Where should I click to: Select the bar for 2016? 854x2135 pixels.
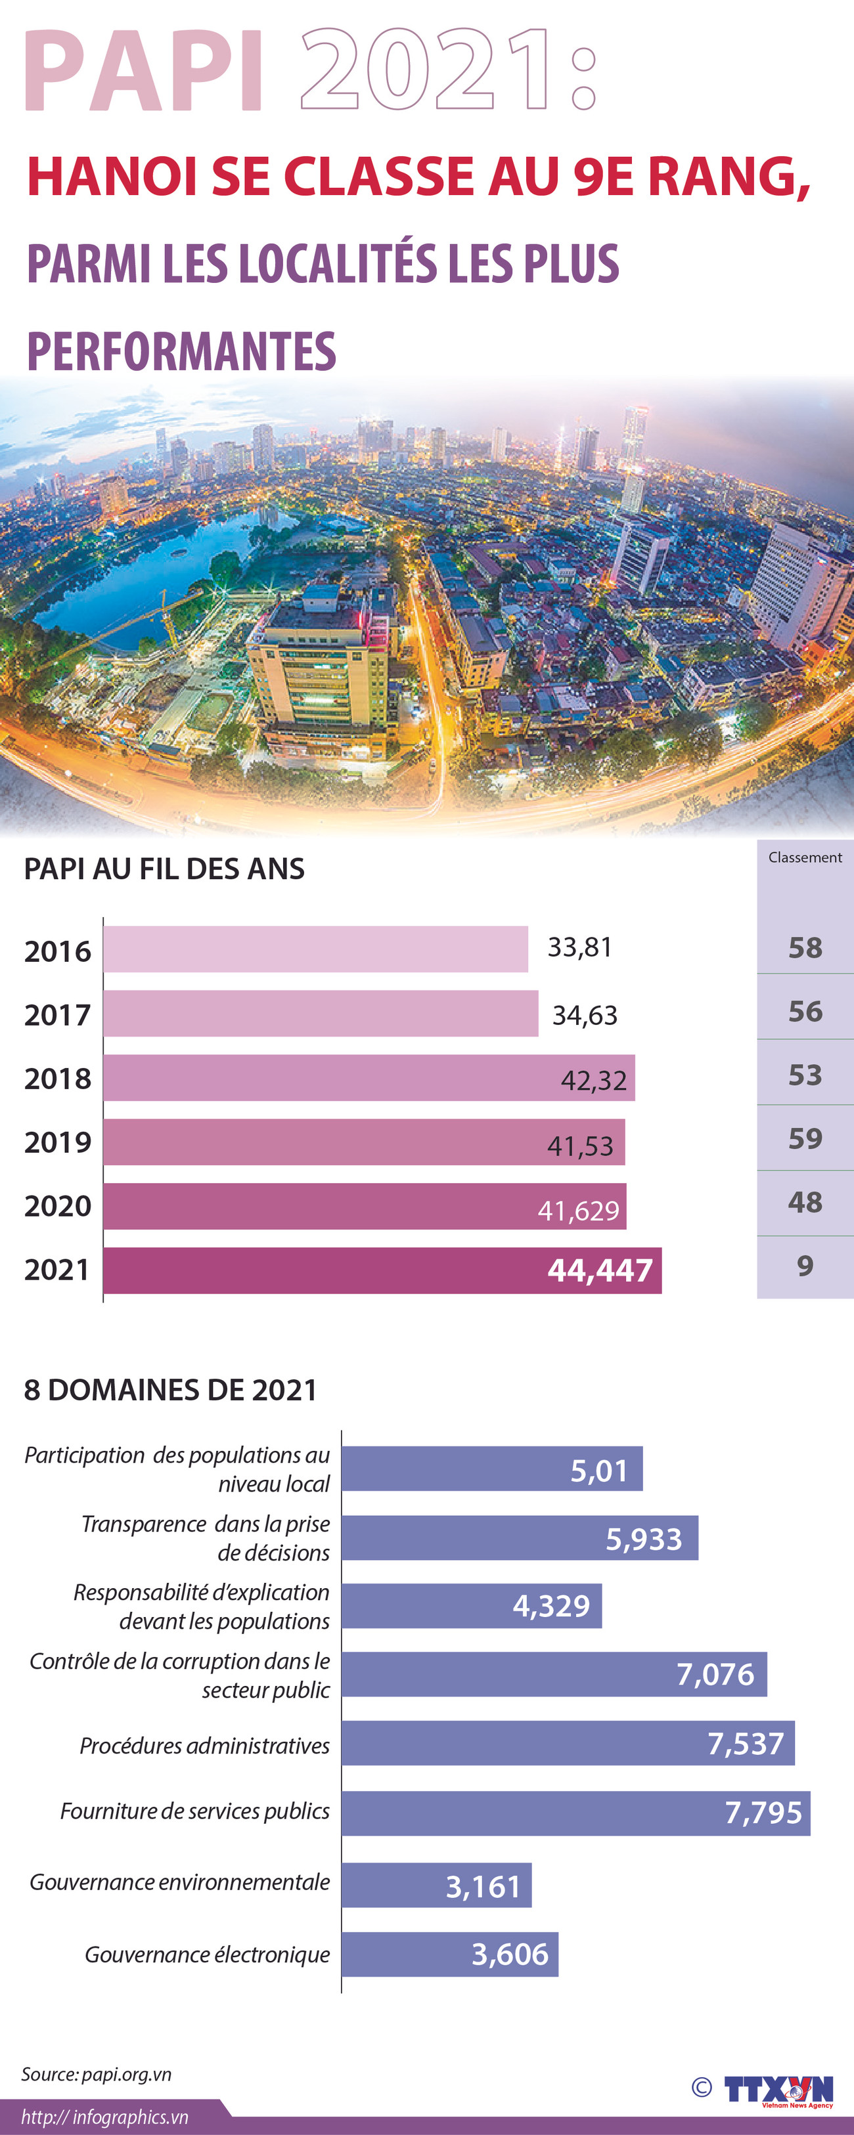pyautogui.click(x=315, y=949)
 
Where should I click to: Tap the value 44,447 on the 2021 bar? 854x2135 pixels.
pyautogui.click(x=600, y=1270)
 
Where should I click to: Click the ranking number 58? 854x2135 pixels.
pyautogui.click(x=804, y=947)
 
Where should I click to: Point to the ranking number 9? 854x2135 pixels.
pyautogui.click(x=804, y=1266)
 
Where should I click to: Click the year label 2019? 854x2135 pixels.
pyautogui.click(x=57, y=1142)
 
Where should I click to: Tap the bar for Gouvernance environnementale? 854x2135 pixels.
pyautogui.click(x=436, y=1886)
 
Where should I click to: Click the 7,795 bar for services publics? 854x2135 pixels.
pyautogui.click(x=575, y=1813)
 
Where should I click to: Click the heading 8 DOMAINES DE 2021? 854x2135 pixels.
pyautogui.click(x=170, y=1390)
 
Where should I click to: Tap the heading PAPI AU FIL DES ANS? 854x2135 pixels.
pyautogui.click(x=164, y=869)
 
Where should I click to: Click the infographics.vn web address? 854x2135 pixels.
pyautogui.click(x=104, y=2117)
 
